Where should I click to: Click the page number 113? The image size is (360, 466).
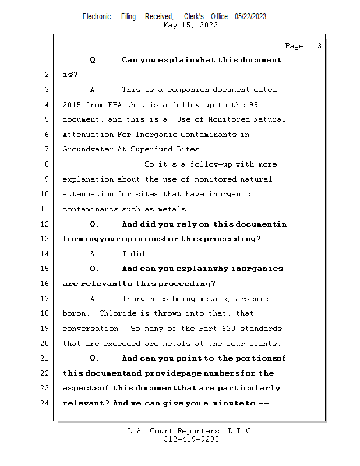[x=314, y=46]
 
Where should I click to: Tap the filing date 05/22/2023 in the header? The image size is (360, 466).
[x=250, y=17]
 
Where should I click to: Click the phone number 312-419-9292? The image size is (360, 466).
[x=191, y=439]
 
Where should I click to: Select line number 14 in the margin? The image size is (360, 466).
[x=46, y=254]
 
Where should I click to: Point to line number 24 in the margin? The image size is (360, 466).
[x=46, y=403]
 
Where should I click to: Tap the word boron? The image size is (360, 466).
[x=75, y=313]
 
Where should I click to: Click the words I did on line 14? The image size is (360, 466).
[x=135, y=254]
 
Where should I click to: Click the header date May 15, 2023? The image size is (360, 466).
[x=191, y=25]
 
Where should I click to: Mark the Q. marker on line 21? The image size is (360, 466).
[x=95, y=358]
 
